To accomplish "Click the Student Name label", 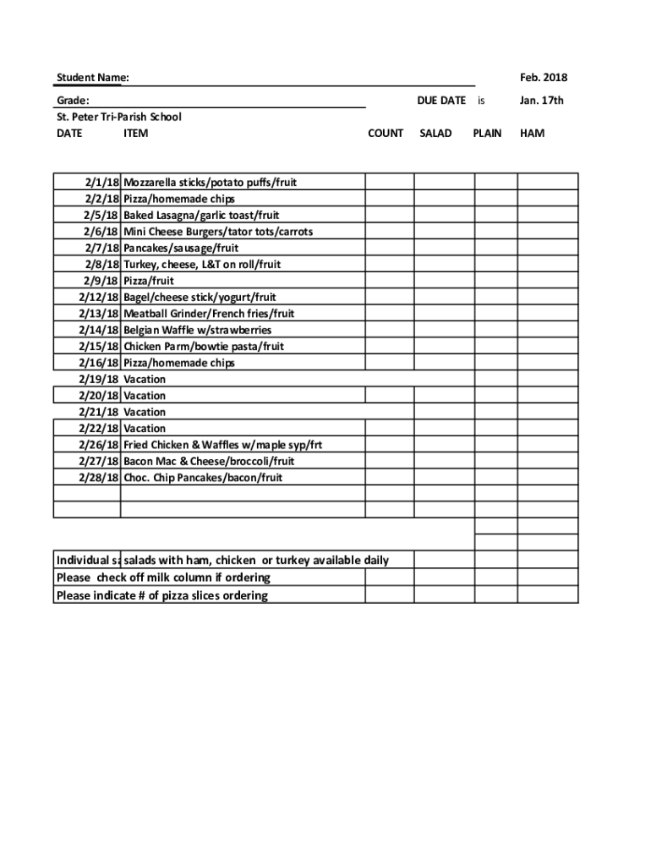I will coord(92,79).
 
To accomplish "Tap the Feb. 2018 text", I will coord(544,78).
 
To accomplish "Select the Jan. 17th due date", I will coord(542,101).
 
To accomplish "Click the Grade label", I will coord(73,101).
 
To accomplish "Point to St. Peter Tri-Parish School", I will coord(118,117).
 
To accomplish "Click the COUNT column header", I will coord(386,133).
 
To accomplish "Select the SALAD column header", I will coord(435,133).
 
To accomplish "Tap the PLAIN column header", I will coord(487,133).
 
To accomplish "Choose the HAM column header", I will coord(533,133).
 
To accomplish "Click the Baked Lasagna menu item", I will coord(201,215).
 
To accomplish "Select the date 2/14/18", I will coord(99,330).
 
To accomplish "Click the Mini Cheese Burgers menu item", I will coord(218,232).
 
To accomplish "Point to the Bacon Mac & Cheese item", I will coord(209,461).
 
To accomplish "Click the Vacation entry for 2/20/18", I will coord(145,396).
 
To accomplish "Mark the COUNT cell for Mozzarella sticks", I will coord(389,182).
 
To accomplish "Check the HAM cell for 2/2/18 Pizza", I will coord(547,199).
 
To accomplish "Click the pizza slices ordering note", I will coord(161,595).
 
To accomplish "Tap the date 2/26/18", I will coord(99,445).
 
